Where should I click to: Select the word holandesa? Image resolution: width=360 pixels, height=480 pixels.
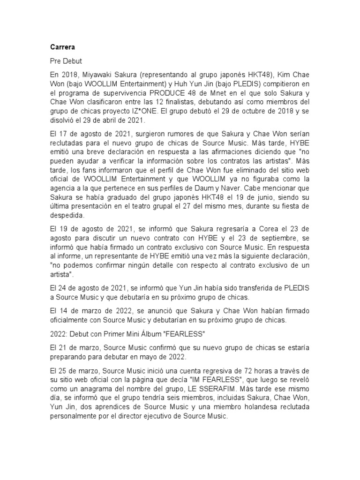pyautogui.click(x=272, y=406)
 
